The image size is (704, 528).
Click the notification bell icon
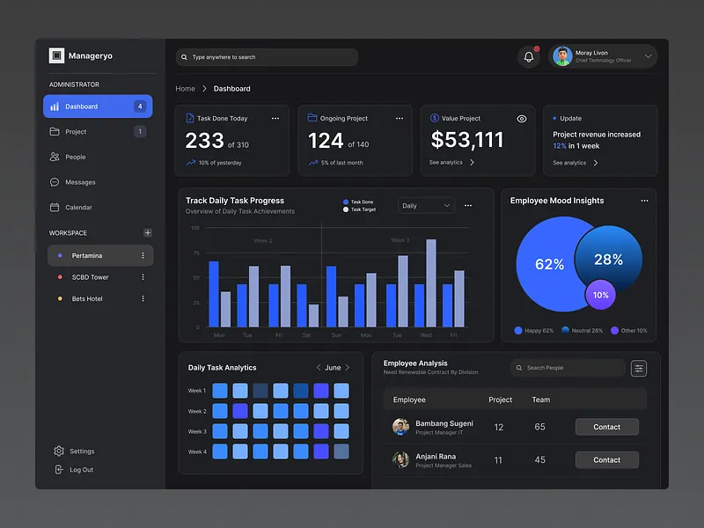[x=529, y=57]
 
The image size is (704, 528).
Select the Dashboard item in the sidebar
[x=98, y=106]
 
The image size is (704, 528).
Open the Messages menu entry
[x=80, y=182]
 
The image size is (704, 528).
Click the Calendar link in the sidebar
[x=78, y=208]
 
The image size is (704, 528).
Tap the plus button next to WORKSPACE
[x=147, y=233]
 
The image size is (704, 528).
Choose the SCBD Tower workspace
[x=90, y=277]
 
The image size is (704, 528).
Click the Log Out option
[x=81, y=470]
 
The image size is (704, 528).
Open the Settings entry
[x=82, y=451]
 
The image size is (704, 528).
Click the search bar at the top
[x=267, y=57]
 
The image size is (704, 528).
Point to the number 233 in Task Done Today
[x=204, y=141]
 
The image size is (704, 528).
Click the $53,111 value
[x=467, y=140]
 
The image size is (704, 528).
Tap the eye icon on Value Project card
[x=522, y=119]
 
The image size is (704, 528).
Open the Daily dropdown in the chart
[x=426, y=206]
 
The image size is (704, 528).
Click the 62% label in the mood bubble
[x=549, y=264]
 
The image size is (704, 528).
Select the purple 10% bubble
[x=601, y=295]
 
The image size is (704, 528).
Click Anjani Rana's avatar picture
[x=401, y=459]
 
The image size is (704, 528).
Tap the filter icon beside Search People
[x=639, y=369]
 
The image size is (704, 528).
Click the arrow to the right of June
[x=348, y=368]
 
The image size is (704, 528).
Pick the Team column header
[x=540, y=400]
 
